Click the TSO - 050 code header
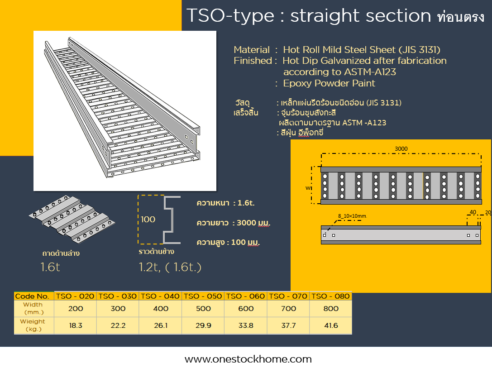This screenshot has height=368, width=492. pyautogui.click(x=203, y=296)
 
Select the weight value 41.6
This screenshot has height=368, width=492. pyautogui.click(x=331, y=325)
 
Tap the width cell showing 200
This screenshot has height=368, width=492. pyautogui.click(x=76, y=308)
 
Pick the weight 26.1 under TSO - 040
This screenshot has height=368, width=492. pyautogui.click(x=161, y=325)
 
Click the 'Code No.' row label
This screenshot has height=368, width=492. pyautogui.click(x=32, y=296)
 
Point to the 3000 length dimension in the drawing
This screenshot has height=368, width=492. pyautogui.click(x=401, y=149)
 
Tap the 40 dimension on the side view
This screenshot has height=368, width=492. pyautogui.click(x=473, y=212)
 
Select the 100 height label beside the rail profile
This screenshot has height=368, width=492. pyautogui.click(x=148, y=219)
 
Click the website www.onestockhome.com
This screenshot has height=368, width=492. pyautogui.click(x=248, y=359)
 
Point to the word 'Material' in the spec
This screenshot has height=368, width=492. pyautogui.click(x=252, y=50)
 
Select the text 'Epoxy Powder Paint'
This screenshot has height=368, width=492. pyautogui.click(x=329, y=83)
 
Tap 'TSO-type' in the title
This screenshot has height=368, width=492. pyautogui.click(x=230, y=16)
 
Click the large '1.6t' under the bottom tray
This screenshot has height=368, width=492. pyautogui.click(x=50, y=267)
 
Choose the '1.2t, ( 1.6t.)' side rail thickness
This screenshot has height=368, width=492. pyautogui.click(x=170, y=267)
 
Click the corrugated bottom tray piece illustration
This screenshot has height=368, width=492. pyautogui.click(x=72, y=219)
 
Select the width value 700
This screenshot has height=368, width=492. pyautogui.click(x=288, y=308)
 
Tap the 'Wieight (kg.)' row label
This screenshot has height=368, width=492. pyautogui.click(x=33, y=325)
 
